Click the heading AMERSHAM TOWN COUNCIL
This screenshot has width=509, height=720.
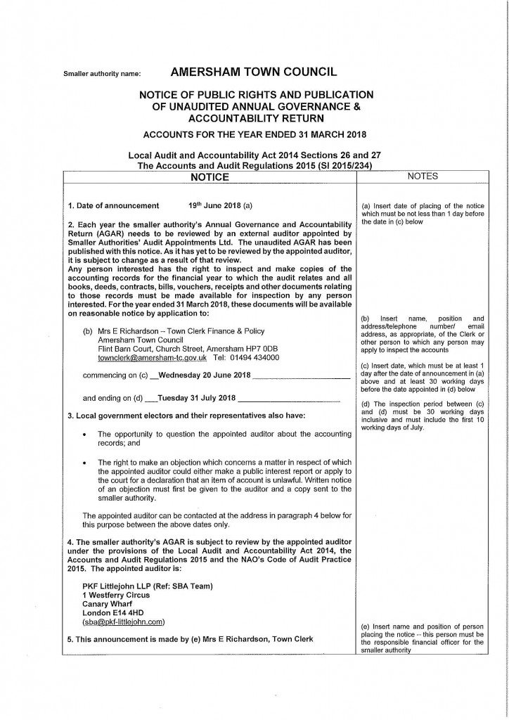(x=254, y=71)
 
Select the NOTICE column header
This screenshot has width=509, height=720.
(x=210, y=177)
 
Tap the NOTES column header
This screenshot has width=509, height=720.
(x=422, y=176)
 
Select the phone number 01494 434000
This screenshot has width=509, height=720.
(x=255, y=358)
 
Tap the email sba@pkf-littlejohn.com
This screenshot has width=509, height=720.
(x=124, y=622)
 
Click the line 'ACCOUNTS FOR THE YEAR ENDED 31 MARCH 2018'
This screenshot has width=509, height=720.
(x=255, y=134)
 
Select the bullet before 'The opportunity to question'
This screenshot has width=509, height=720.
(x=84, y=435)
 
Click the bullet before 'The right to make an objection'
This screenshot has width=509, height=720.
(x=84, y=462)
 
